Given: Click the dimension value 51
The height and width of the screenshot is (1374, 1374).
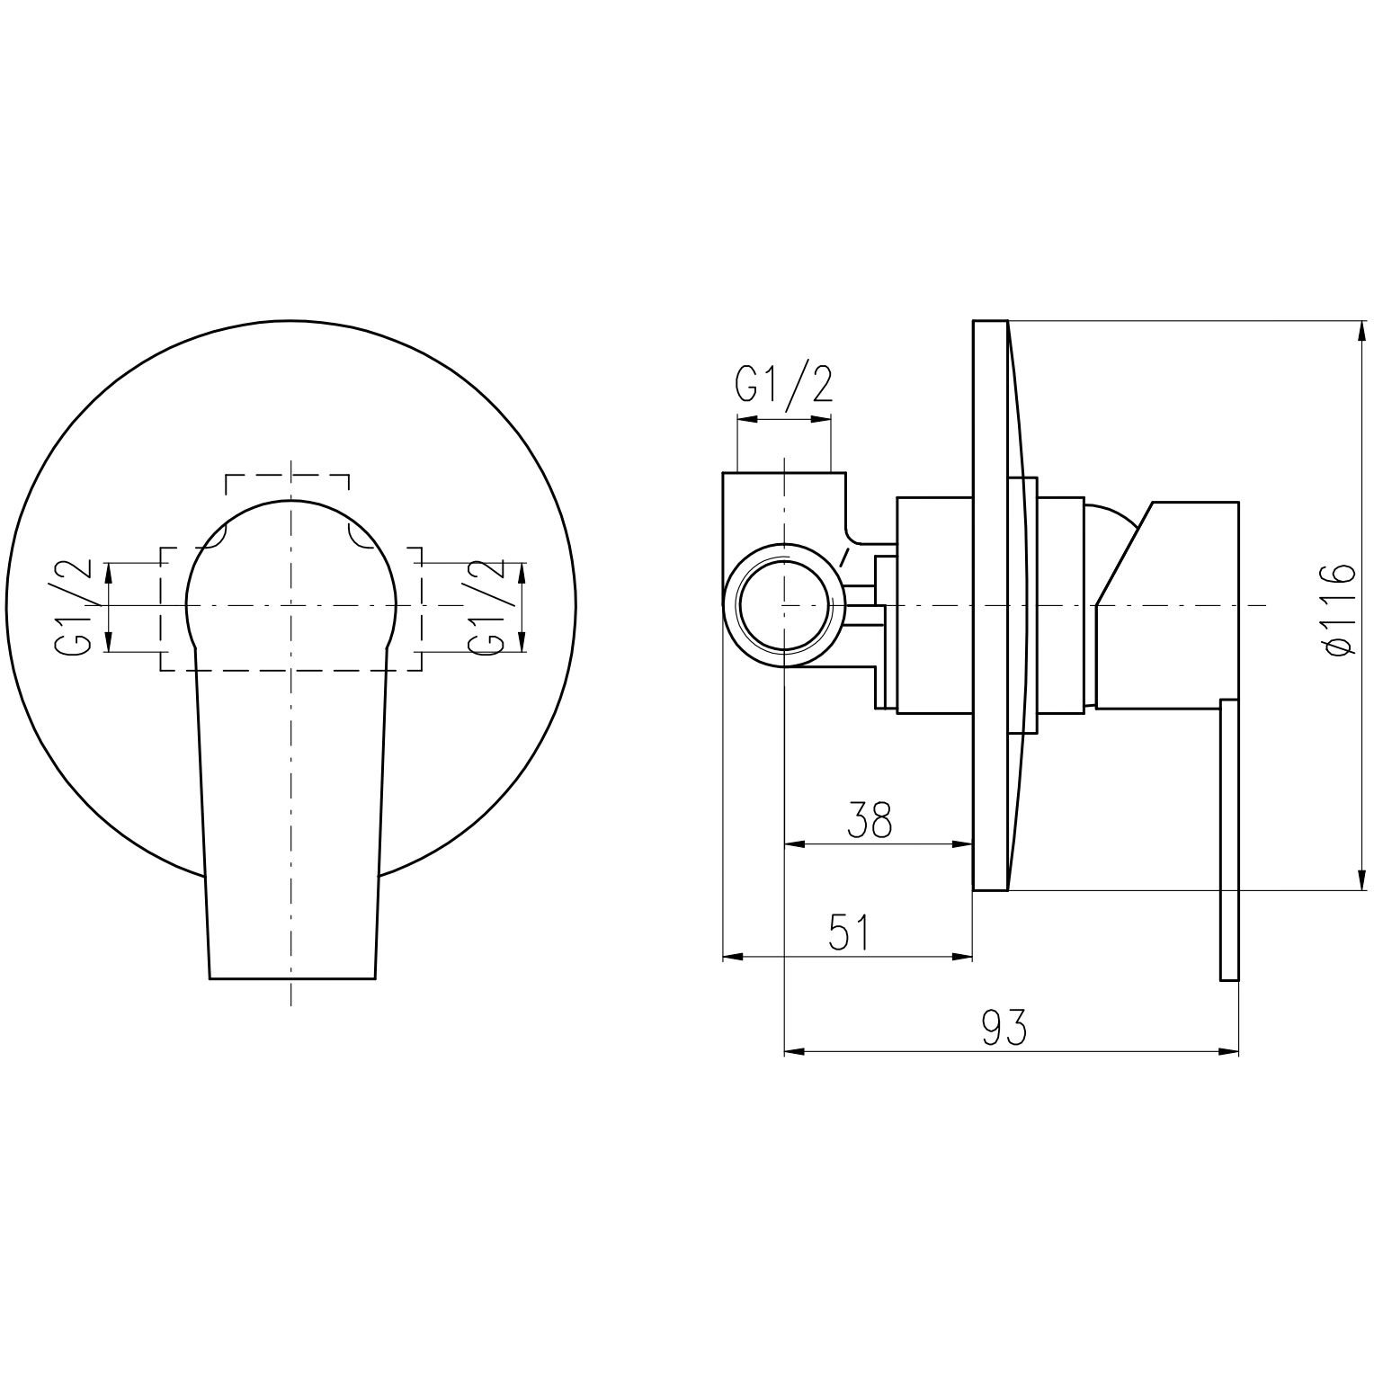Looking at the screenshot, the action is tap(850, 932).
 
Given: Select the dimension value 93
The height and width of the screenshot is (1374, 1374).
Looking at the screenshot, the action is tap(1003, 1027).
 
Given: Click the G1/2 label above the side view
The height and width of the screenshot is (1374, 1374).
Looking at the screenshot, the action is tap(784, 384).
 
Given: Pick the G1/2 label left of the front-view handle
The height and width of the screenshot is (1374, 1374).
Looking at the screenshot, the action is tap(74, 608).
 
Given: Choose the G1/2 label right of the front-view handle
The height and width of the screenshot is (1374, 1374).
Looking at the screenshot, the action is tap(486, 608).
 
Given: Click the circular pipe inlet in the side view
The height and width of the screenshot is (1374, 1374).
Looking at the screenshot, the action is tap(784, 605).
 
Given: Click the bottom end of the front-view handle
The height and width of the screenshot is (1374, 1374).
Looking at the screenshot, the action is tap(291, 977).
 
